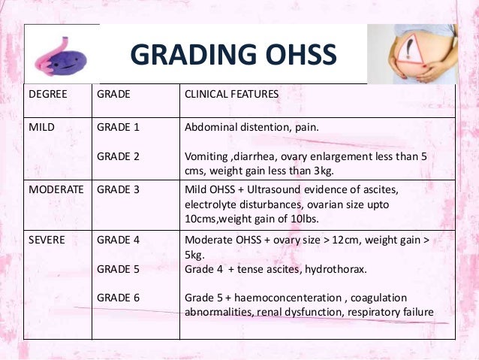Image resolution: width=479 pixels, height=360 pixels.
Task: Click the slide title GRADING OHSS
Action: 233,56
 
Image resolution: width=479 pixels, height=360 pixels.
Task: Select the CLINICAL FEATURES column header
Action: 231,94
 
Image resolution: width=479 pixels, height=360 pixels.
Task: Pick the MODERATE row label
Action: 56,190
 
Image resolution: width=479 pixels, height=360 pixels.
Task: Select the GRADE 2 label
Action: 119,156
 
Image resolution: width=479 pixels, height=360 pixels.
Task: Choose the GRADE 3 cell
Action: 119,190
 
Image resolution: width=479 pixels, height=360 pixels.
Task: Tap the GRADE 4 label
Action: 119,239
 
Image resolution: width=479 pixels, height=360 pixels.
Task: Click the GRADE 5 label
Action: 119,268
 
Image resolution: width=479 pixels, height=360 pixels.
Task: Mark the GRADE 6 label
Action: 119,298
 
